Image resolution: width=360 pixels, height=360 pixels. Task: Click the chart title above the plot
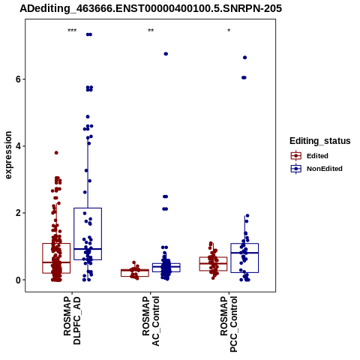pyautogui.click(x=151, y=8)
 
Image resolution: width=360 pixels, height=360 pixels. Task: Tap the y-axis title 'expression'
pyautogui.click(x=8, y=155)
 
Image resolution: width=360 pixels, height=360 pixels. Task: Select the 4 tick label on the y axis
pyautogui.click(x=18, y=146)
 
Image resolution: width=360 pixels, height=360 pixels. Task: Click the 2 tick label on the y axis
pyautogui.click(x=18, y=213)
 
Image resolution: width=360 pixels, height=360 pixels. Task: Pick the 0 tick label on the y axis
pyautogui.click(x=18, y=280)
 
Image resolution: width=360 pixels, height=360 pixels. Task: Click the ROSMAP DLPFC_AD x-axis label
pyautogui.click(x=72, y=320)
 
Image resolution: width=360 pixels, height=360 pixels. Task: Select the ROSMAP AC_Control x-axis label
pyautogui.click(x=151, y=321)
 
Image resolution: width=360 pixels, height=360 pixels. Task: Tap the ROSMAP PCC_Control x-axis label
pyautogui.click(x=229, y=324)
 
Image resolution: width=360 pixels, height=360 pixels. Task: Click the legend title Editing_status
pyautogui.click(x=320, y=141)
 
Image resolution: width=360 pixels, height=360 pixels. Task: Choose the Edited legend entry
pyautogui.click(x=310, y=156)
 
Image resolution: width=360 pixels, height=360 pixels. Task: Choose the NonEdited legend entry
pyautogui.click(x=316, y=169)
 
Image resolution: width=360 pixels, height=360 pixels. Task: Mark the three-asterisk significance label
pyautogui.click(x=72, y=31)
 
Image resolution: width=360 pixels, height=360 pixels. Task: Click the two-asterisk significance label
pyautogui.click(x=151, y=31)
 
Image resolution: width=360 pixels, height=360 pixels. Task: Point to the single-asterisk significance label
pyautogui.click(x=229, y=31)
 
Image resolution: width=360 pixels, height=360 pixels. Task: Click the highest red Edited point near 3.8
pyautogui.click(x=56, y=153)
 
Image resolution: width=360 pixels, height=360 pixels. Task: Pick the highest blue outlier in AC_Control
pyautogui.click(x=166, y=54)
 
